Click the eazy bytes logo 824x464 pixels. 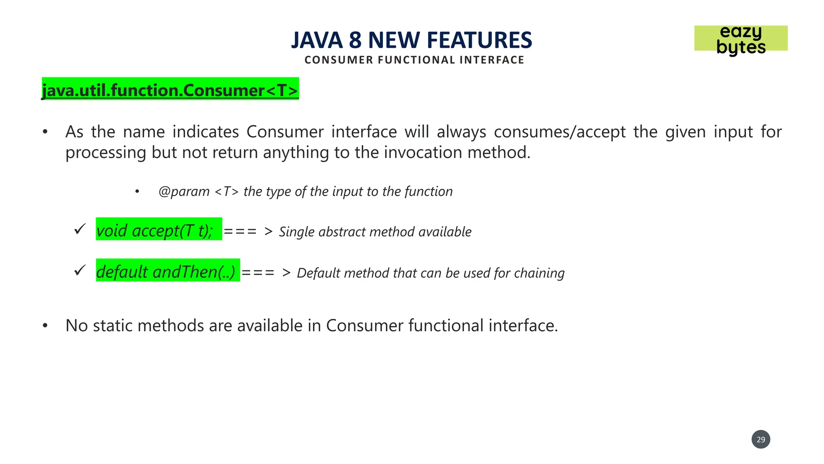741,39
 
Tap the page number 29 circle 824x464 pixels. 760,439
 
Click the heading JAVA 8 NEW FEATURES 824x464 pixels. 411,40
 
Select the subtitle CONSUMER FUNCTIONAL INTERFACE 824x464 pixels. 414,60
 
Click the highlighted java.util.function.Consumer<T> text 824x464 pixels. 170,89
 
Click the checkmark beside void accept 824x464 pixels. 80,229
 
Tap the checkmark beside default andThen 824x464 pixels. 80,270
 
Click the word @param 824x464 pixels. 184,191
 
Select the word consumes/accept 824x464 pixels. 560,132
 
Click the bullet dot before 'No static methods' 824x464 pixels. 45,325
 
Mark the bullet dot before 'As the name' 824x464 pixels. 45,132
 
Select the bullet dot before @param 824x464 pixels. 137,192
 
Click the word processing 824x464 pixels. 106,153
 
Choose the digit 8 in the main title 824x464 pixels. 355,40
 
